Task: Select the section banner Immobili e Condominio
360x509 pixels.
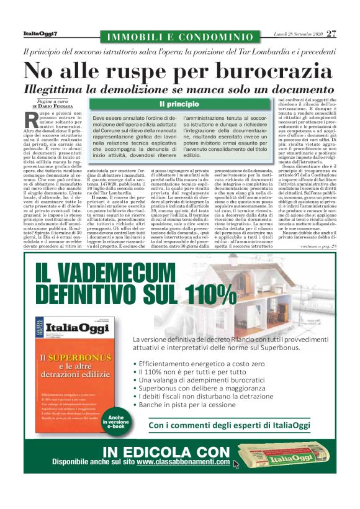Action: pyautogui.click(x=180, y=37)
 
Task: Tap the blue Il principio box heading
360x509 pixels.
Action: pyautogui.click(x=179, y=104)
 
